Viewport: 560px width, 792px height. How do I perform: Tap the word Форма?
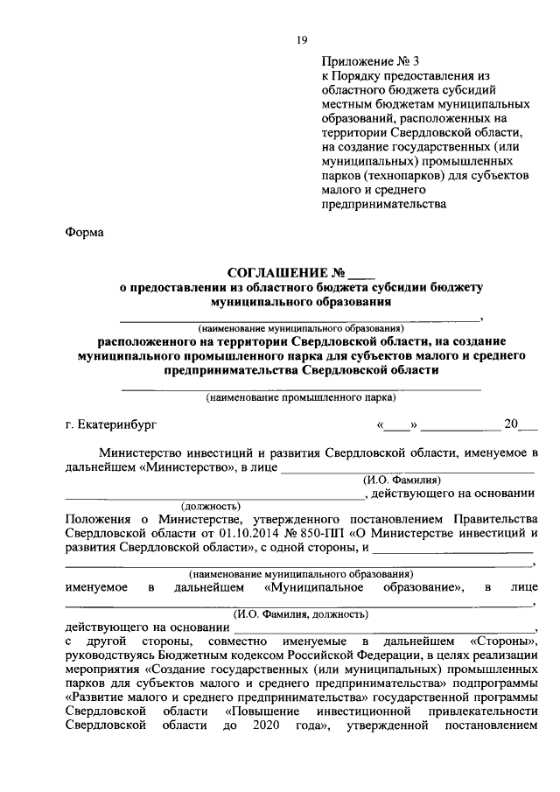pyautogui.click(x=84, y=233)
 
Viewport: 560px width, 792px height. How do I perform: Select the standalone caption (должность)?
pyautogui.click(x=210, y=506)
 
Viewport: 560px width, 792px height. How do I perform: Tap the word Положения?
pyautogui.click(x=96, y=519)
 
